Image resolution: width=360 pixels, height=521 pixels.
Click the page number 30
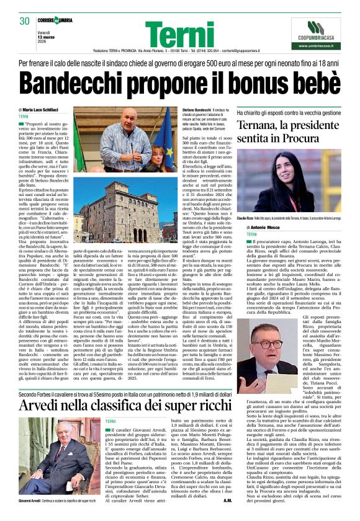coord(25,21)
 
